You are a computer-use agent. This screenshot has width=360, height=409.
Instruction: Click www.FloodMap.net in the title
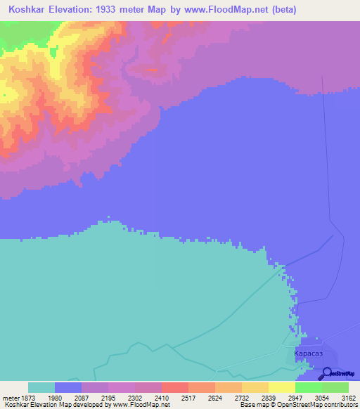coord(218,10)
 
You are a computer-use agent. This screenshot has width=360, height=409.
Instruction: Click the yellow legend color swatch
coord(281,387)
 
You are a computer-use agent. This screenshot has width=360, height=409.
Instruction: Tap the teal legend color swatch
coord(41,387)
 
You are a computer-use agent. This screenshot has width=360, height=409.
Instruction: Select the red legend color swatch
coord(174,387)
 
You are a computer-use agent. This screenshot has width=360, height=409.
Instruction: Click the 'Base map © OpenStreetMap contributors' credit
coord(298,405)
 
